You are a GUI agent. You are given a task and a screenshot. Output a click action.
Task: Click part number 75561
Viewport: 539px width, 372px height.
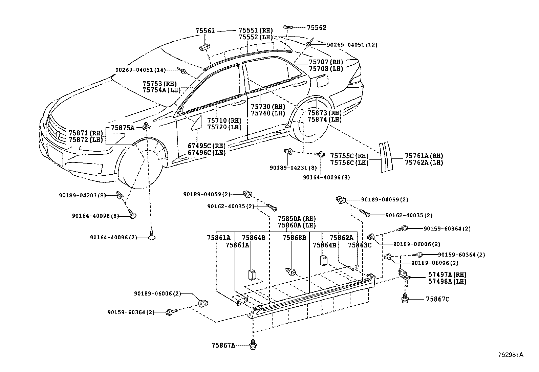pyautogui.click(x=205, y=30)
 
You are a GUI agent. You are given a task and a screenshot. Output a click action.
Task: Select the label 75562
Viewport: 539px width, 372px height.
pyautogui.click(x=317, y=27)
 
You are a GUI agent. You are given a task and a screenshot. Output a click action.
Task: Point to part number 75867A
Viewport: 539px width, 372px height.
pyautogui.click(x=223, y=345)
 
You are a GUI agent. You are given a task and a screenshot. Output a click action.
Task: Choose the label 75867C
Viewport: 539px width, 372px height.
pyautogui.click(x=438, y=299)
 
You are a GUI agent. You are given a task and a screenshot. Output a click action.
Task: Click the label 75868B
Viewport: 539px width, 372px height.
pyautogui.click(x=294, y=237)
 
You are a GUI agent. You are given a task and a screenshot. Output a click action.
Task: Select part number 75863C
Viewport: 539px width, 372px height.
pyautogui.click(x=360, y=245)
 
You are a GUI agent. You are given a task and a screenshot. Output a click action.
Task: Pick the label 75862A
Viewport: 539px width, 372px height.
pyautogui.click(x=341, y=237)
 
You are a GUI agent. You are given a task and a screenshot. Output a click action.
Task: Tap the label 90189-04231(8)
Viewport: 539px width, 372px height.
pyautogui.click(x=294, y=167)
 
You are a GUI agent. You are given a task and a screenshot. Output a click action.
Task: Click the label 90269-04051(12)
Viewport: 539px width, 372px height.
pyautogui.click(x=352, y=44)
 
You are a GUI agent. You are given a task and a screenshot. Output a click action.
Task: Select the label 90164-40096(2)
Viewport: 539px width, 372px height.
pyautogui.click(x=113, y=237)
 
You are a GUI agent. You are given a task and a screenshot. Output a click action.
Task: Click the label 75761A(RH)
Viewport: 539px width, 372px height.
pyautogui.click(x=424, y=156)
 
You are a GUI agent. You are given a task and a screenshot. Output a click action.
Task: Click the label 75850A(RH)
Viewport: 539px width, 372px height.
pyautogui.click(x=297, y=219)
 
